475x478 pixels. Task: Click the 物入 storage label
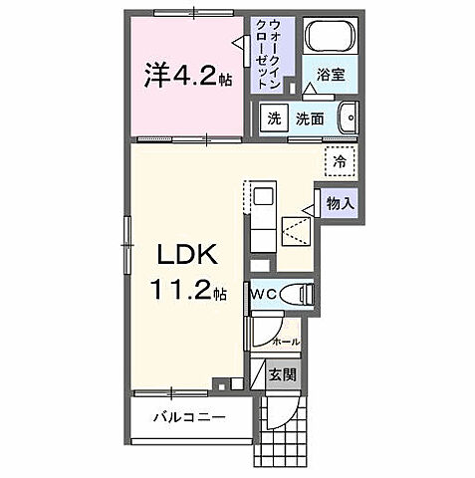(x=340, y=203)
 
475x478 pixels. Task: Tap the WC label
(x=263, y=294)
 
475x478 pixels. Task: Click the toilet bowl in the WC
(x=297, y=294)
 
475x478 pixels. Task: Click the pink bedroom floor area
(x=184, y=110)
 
